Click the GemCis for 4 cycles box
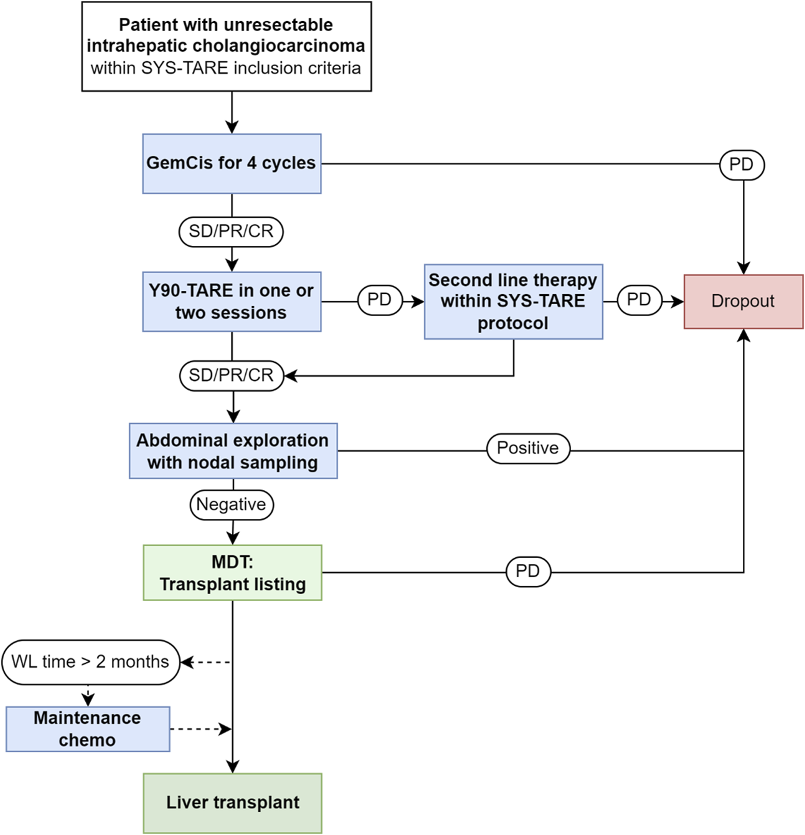tap(232, 163)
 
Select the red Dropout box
tap(743, 301)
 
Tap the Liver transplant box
tap(232, 803)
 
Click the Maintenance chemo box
tap(88, 729)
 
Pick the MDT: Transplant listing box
tap(232, 572)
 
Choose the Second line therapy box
tap(513, 302)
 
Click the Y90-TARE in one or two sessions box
tap(232, 302)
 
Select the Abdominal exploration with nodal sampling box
tap(233, 451)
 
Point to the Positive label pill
tap(528, 448)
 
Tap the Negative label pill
tap(231, 504)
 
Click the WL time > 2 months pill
tap(91, 662)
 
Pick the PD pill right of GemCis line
tap(741, 165)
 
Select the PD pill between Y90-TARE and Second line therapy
tap(380, 300)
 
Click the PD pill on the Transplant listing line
tap(528, 571)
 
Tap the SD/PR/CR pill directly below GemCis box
tap(231, 231)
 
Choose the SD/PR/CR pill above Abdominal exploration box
tap(231, 375)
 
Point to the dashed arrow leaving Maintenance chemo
tap(201, 729)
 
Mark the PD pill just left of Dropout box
tap(639, 300)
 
